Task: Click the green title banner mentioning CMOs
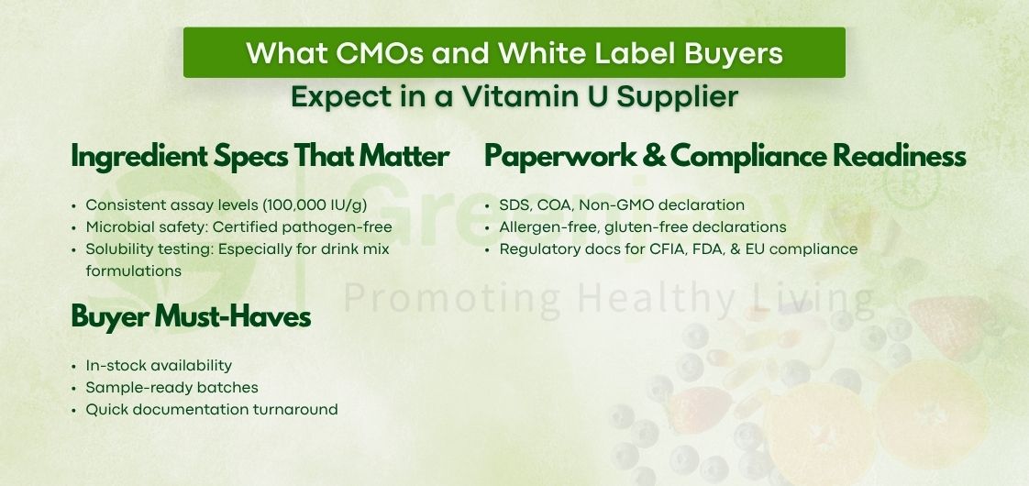(x=514, y=52)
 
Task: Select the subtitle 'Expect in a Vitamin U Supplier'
(x=514, y=96)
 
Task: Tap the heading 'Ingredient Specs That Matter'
(x=260, y=157)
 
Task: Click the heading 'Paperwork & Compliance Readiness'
(x=725, y=157)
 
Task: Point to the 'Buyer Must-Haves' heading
(x=191, y=317)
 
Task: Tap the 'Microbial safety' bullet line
(x=238, y=226)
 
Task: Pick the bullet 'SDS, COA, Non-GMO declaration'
(x=622, y=204)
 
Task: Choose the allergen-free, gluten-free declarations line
(x=642, y=226)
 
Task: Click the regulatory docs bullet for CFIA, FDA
(x=678, y=249)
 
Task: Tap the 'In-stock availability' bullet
(x=159, y=365)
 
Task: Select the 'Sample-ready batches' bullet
(x=171, y=387)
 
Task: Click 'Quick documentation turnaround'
(x=211, y=409)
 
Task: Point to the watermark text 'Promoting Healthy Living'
(x=609, y=298)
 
